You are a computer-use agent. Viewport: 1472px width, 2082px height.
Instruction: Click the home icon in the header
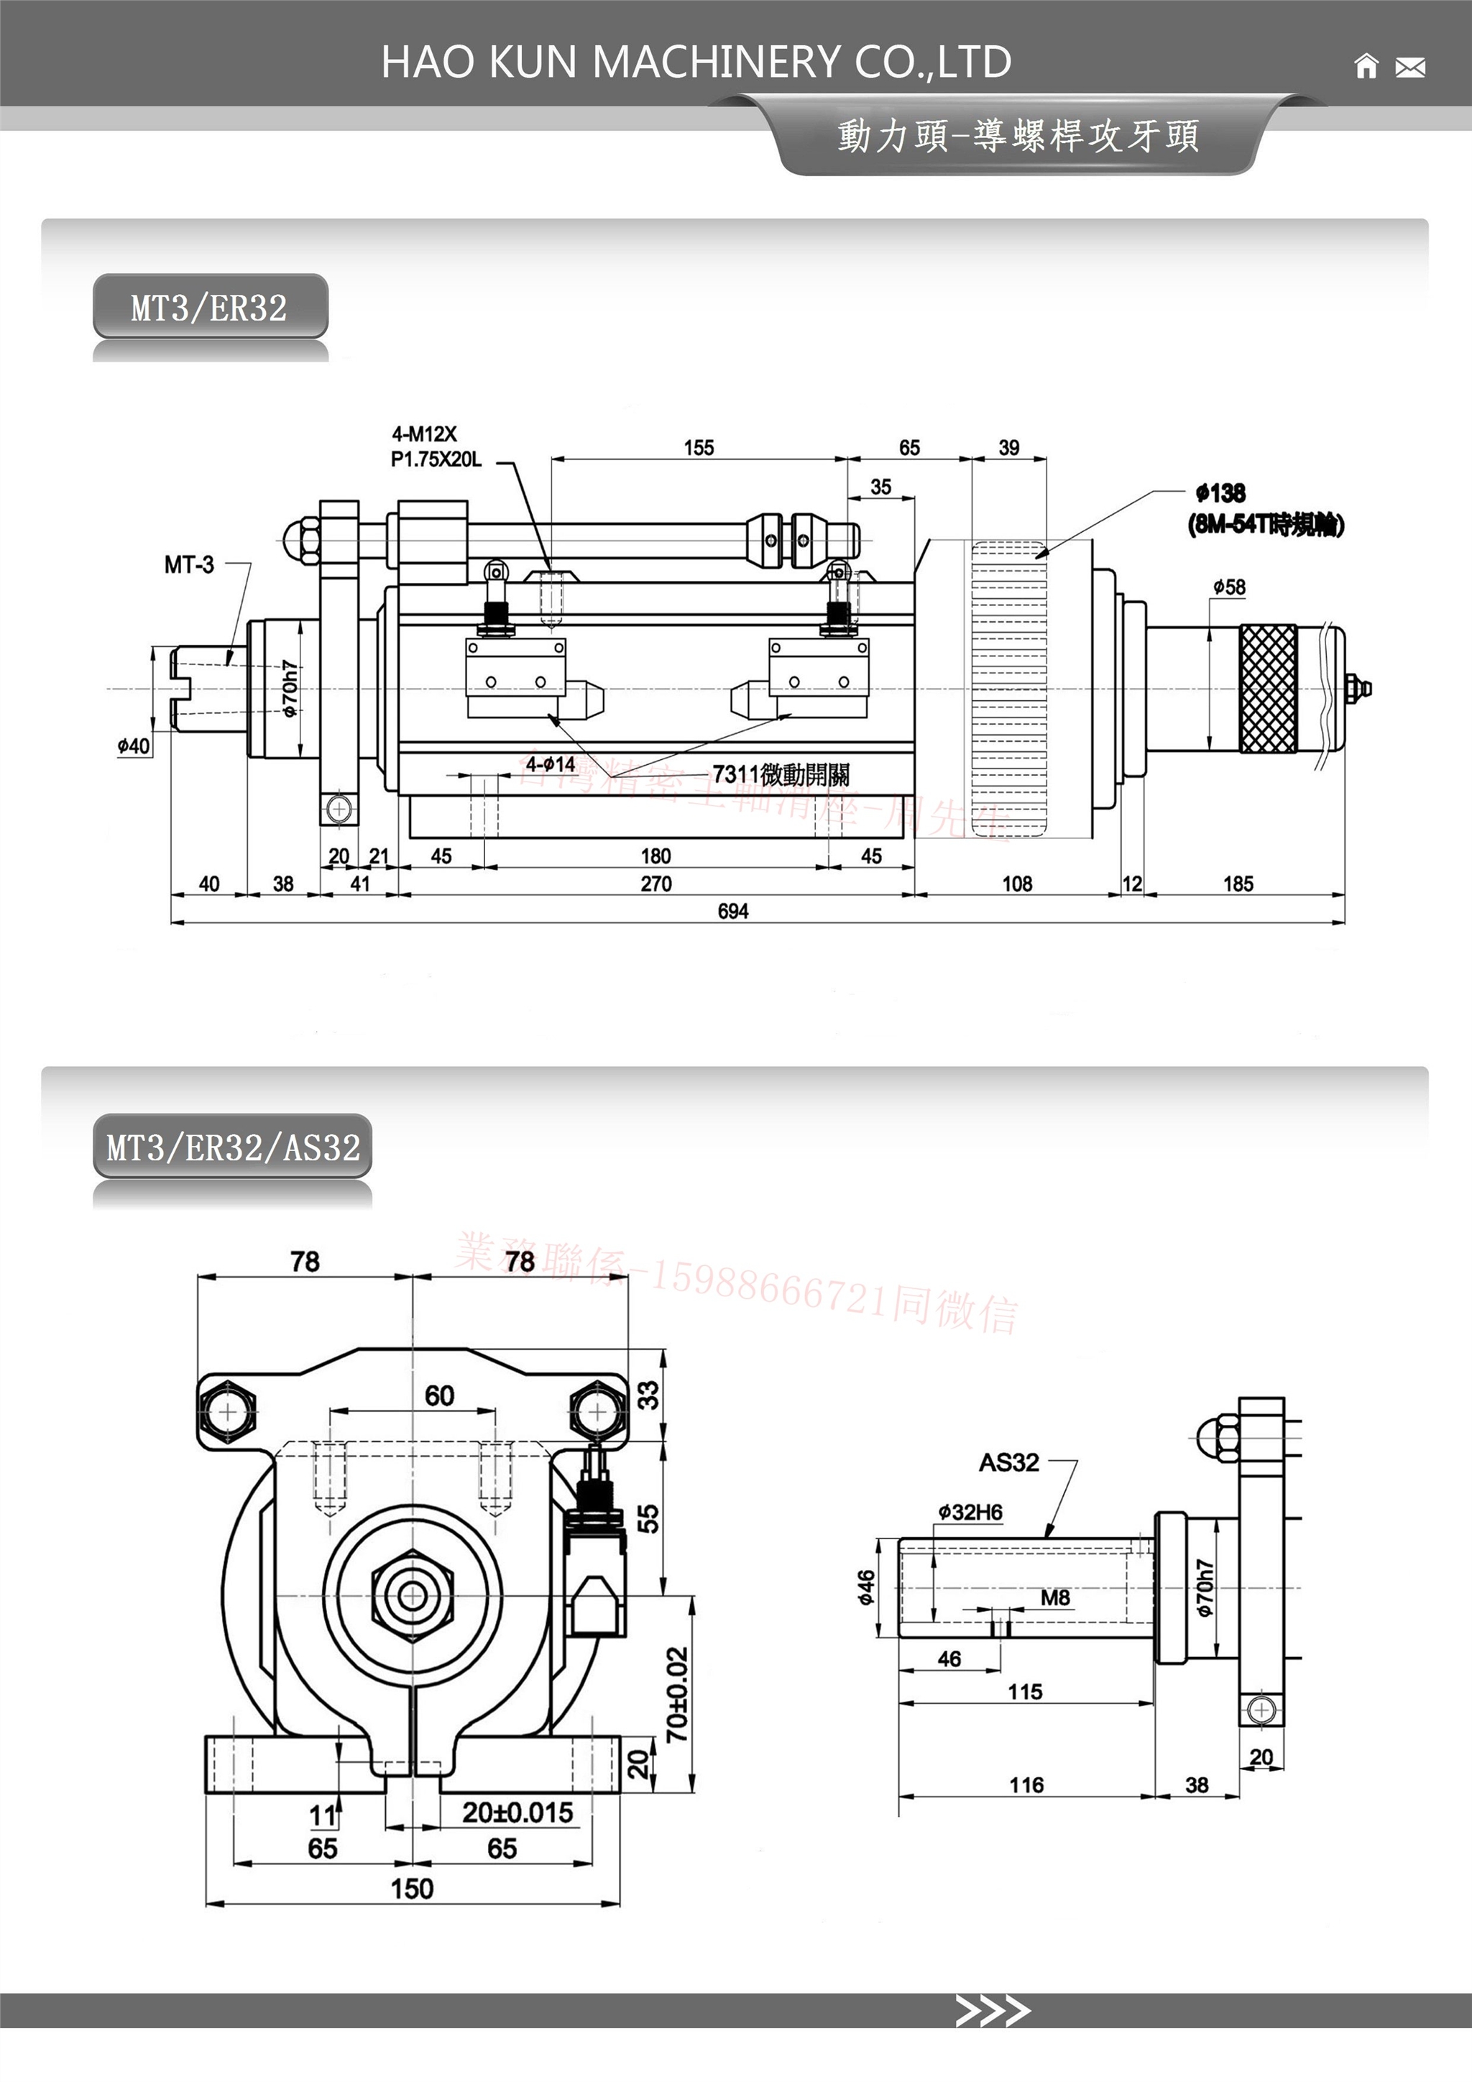tap(1365, 66)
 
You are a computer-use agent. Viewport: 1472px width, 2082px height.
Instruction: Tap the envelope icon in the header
tap(1409, 67)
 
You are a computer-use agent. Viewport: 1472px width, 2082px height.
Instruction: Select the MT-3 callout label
tap(188, 565)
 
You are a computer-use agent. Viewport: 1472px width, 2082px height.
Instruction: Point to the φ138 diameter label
tap(1220, 493)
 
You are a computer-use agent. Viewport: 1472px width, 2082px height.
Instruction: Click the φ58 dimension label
tap(1229, 587)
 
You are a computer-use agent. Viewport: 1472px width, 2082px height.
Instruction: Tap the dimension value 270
tap(655, 884)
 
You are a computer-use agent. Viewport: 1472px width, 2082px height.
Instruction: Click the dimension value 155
tap(698, 448)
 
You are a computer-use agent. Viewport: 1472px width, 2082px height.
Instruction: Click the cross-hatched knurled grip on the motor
tap(1267, 688)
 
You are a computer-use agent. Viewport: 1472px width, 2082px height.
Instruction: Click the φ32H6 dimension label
tap(970, 1512)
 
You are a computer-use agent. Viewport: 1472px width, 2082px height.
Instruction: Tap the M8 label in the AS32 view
tap(1055, 1597)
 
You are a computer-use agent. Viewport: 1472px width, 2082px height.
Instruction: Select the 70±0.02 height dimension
tap(677, 1694)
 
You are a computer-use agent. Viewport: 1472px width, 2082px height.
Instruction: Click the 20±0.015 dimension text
tap(517, 1812)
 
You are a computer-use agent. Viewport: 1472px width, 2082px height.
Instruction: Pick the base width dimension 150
tap(412, 1888)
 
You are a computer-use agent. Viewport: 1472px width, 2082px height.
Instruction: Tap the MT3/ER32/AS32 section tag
tap(233, 1147)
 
